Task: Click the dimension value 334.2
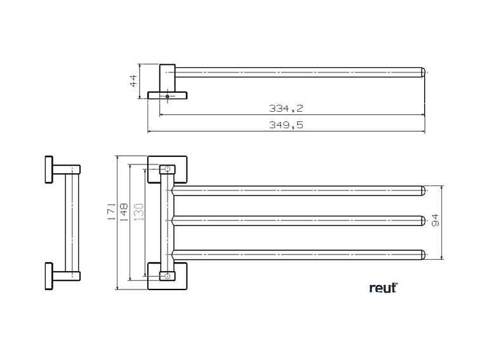tap(286, 109)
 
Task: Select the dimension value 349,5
tap(286, 125)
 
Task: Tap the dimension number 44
tap(134, 81)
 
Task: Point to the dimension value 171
tap(111, 211)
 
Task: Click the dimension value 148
tap(124, 211)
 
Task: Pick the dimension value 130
tap(138, 211)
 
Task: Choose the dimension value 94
tap(436, 221)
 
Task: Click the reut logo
tap(383, 288)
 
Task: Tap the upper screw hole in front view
tap(167, 170)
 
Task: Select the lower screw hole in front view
tap(167, 276)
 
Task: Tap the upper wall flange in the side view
tap(48, 170)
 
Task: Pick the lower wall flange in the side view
tap(48, 276)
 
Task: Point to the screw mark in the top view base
tap(167, 97)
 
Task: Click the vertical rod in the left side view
tap(70, 222)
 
